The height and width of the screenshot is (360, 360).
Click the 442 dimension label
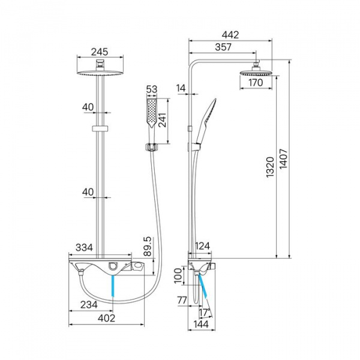tap(230, 35)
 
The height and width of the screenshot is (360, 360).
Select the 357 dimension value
tap(223, 47)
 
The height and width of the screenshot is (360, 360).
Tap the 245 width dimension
tap(100, 52)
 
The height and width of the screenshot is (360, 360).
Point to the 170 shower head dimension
tap(256, 82)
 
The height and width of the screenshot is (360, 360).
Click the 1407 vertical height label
tap(283, 159)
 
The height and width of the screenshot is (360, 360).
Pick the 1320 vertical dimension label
tap(270, 167)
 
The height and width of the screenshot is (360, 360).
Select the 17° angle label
tap(205, 313)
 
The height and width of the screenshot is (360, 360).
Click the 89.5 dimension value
tap(148, 247)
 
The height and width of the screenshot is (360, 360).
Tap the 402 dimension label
tap(106, 318)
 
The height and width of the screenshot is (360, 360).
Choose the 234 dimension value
tap(89, 305)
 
